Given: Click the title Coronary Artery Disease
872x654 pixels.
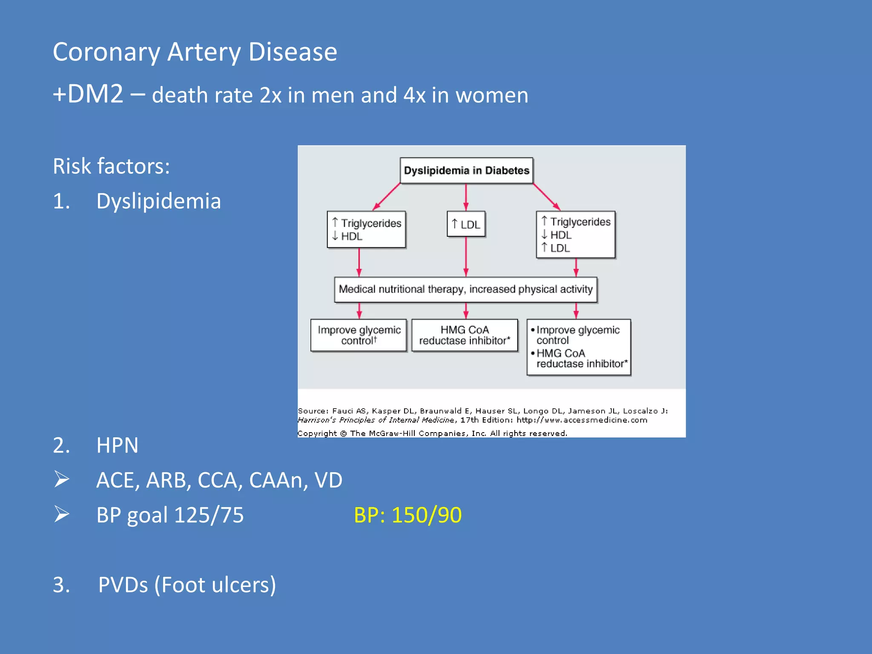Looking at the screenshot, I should [195, 52].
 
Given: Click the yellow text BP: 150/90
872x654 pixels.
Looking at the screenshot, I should [407, 515].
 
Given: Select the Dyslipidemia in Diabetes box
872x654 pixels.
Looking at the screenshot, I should [466, 170].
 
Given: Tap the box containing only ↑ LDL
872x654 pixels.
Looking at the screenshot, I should [466, 224].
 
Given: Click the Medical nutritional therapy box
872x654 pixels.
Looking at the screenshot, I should [466, 290].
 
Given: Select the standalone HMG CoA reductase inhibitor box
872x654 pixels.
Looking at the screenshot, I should [465, 335].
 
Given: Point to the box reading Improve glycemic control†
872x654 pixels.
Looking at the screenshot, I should [359, 335].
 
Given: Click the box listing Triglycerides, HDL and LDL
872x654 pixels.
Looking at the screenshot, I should [576, 235].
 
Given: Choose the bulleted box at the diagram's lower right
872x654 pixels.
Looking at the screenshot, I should [579, 347].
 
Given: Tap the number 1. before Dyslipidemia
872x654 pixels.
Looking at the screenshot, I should [61, 201].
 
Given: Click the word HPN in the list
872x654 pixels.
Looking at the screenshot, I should [117, 445].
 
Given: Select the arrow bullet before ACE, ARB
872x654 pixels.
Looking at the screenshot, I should [62, 479].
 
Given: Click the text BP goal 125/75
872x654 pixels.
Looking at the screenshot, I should [170, 515].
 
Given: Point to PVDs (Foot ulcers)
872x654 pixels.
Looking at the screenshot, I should [187, 585].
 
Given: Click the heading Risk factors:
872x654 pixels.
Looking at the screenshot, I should [111, 166].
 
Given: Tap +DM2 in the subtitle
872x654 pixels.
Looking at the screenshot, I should [88, 94].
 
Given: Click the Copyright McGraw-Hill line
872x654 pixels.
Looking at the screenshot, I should [432, 433].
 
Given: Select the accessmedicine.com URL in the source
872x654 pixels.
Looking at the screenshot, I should [582, 420].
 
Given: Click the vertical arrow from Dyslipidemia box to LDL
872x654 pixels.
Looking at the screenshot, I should [466, 197].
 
